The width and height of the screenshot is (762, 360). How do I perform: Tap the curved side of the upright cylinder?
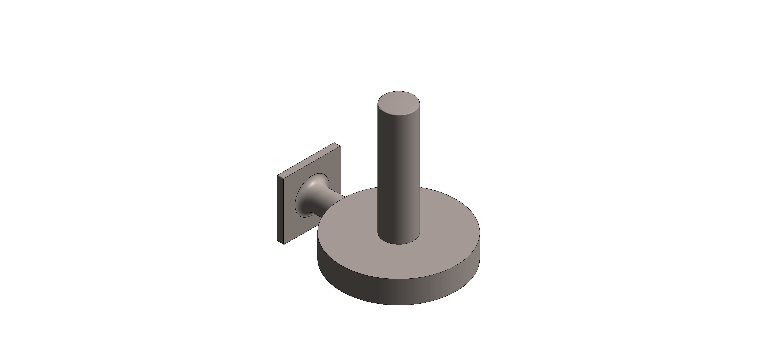(x=396, y=177)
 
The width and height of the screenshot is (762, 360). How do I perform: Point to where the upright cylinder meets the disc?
(x=399, y=243)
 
